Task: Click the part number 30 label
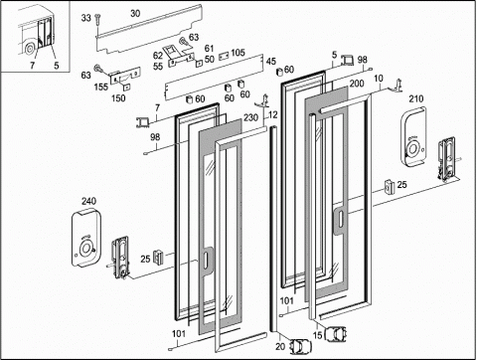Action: coord(135,14)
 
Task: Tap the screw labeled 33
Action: coord(97,19)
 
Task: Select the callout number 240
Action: coord(88,201)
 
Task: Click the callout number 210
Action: coord(416,98)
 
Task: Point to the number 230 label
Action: coord(250,117)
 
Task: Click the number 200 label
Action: coord(357,84)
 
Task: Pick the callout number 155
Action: coord(101,88)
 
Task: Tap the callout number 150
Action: coord(118,98)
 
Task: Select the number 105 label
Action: coord(238,53)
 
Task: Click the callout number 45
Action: coord(271,62)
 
